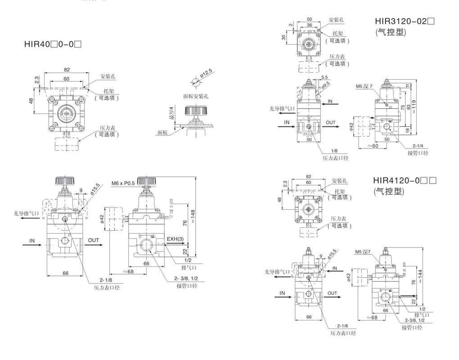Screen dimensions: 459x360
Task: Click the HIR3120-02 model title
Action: (405, 21)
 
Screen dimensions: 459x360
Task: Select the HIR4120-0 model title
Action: (405, 180)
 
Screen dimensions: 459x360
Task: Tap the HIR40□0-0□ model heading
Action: (53, 44)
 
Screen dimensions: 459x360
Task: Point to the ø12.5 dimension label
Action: (207, 73)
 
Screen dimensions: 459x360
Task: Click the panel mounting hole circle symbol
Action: (196, 82)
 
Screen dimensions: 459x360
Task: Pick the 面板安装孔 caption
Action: (196, 96)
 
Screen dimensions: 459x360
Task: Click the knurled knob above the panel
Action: (196, 111)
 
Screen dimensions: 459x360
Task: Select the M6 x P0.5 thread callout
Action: (123, 183)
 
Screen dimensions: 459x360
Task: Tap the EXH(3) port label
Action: (175, 239)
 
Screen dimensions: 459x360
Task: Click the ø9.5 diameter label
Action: (325, 85)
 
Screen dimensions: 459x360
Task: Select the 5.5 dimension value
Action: (324, 77)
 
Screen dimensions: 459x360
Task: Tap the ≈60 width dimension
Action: (373, 145)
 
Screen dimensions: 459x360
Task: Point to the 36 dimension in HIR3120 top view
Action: (309, 25)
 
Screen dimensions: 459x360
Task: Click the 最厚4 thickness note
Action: (172, 112)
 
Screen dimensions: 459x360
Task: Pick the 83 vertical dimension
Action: (409, 107)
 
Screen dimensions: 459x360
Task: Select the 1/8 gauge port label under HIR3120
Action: (334, 151)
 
